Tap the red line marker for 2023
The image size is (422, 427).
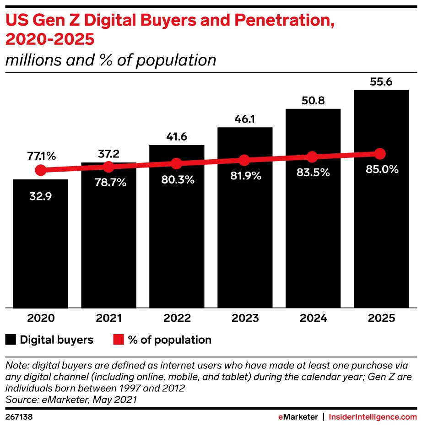[244, 160]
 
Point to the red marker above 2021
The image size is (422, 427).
[108, 167]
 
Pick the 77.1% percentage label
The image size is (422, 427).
[41, 156]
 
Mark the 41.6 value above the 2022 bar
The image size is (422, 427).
[177, 137]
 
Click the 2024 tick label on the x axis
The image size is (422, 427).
[313, 318]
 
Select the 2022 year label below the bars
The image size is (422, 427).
[177, 318]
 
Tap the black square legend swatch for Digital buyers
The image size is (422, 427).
[10, 340]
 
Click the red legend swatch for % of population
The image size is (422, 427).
[119, 340]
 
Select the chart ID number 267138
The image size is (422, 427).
[19, 417]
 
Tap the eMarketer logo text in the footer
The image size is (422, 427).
[298, 417]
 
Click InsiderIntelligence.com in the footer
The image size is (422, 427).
[373, 417]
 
